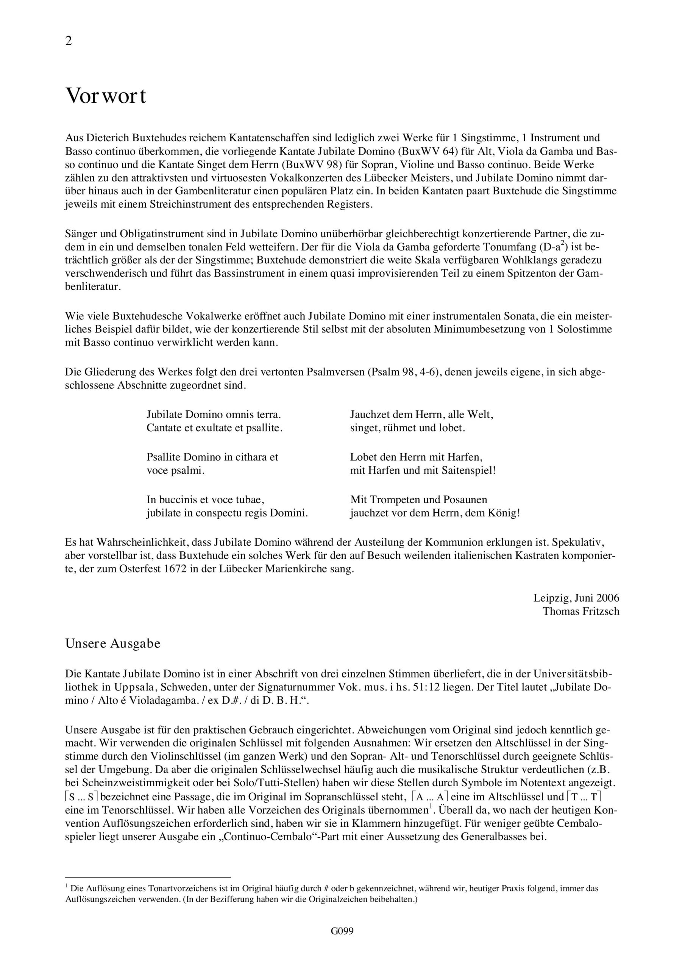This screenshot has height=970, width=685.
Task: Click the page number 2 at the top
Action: (69, 41)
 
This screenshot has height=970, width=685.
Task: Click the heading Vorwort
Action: (106, 96)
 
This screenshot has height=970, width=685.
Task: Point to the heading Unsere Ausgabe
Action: (113, 644)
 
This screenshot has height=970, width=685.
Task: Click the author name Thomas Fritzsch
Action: (581, 611)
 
